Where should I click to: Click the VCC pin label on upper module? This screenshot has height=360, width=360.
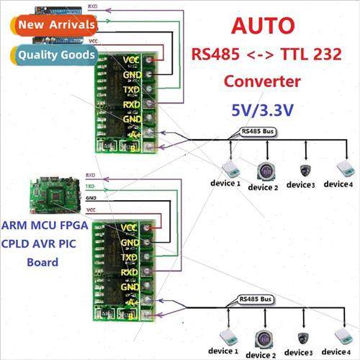[132, 59]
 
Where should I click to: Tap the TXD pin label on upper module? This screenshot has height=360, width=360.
[131, 89]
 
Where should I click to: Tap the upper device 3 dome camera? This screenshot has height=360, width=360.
[306, 170]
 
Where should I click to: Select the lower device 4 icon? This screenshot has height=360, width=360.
[344, 336]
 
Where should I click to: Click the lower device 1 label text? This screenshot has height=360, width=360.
[225, 351]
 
